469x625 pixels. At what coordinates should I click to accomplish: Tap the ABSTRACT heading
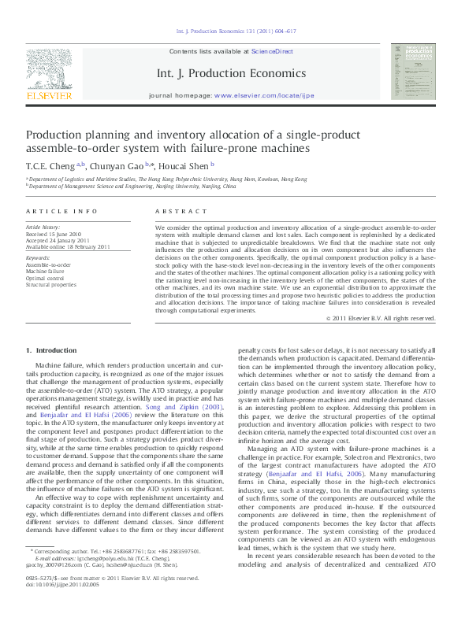point(175,213)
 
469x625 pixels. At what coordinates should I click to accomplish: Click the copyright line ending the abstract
point(381,318)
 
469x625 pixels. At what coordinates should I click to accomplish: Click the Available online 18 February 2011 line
point(65,246)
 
